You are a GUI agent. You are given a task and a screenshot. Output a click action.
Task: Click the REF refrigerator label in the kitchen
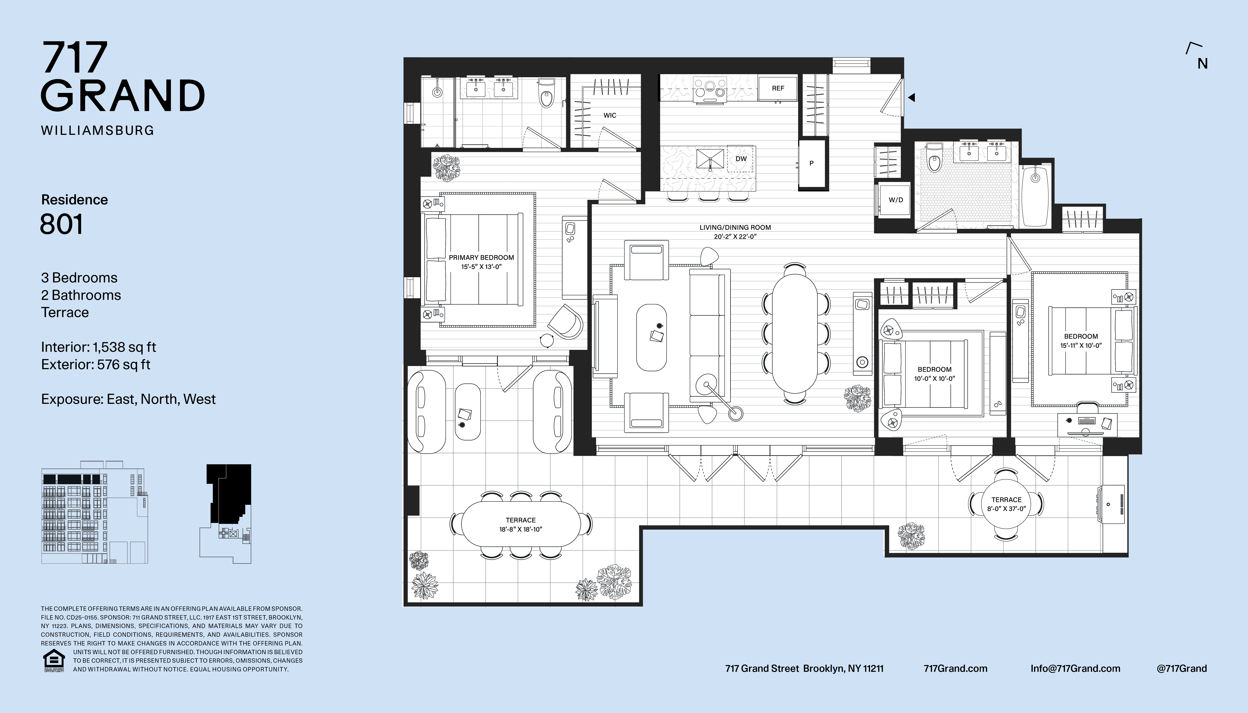(x=778, y=88)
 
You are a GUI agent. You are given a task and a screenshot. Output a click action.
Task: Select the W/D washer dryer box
(x=895, y=200)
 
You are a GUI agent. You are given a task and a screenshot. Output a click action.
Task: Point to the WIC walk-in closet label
(x=610, y=115)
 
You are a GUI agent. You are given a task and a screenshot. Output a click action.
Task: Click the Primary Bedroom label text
(x=481, y=262)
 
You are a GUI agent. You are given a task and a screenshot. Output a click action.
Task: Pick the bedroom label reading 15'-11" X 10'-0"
(x=1081, y=341)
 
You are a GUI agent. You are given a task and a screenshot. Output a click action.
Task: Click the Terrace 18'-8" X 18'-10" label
(x=521, y=524)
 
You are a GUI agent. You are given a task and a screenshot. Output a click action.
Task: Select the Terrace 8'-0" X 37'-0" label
(x=1007, y=504)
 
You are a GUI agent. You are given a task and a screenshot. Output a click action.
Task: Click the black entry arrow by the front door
(x=911, y=97)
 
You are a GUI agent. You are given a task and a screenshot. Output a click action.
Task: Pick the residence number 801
(x=61, y=224)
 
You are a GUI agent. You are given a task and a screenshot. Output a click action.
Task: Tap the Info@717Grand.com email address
(x=1075, y=668)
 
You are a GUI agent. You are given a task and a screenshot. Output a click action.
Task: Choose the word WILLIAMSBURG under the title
(x=97, y=130)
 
